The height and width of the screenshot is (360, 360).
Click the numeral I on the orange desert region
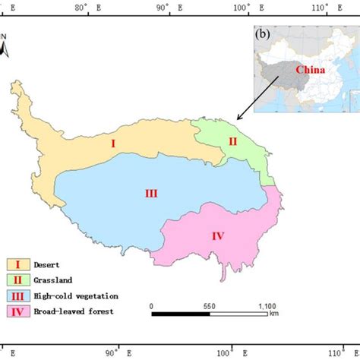tap(112, 142)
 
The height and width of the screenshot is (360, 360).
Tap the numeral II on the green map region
tap(233, 141)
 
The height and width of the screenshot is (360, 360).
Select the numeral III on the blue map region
tap(151, 193)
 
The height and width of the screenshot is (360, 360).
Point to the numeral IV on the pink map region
tap(218, 236)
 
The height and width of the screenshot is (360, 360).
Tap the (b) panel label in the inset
tap(263, 35)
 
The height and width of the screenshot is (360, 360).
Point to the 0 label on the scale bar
tap(153, 305)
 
